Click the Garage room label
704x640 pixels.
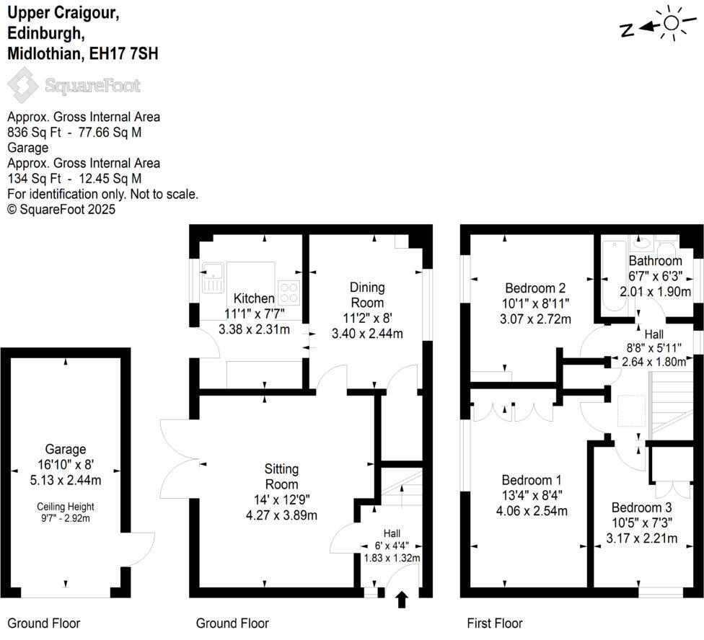click(66, 449)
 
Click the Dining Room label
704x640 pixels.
click(367, 295)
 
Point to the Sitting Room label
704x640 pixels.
click(281, 476)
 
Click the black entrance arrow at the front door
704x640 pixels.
click(402, 599)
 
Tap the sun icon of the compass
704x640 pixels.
click(672, 23)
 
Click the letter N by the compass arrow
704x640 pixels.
click(626, 30)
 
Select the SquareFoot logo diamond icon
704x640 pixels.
click(22, 85)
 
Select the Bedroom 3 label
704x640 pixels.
click(641, 507)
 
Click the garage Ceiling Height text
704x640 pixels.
click(66, 506)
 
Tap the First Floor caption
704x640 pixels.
click(494, 623)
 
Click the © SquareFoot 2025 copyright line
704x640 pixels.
click(61, 209)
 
